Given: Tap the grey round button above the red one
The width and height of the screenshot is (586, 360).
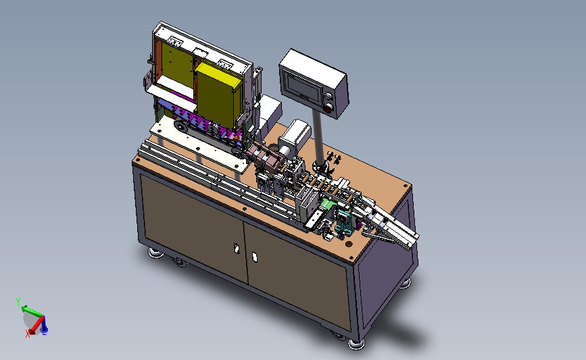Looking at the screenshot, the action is point(328,97).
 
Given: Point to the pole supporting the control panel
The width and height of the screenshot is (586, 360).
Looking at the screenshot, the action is point(318,139).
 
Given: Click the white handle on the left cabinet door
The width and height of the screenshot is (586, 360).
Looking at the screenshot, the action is point(236,249).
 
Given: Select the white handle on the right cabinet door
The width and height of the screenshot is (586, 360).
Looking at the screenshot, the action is point(255,257).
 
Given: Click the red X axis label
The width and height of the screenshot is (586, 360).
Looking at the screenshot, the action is point(28,334).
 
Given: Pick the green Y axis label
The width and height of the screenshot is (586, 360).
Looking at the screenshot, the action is point(18,302).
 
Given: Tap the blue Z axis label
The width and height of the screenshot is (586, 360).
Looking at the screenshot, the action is point(45,332).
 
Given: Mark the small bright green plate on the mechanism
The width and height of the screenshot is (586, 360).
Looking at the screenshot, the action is point(328,204).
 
